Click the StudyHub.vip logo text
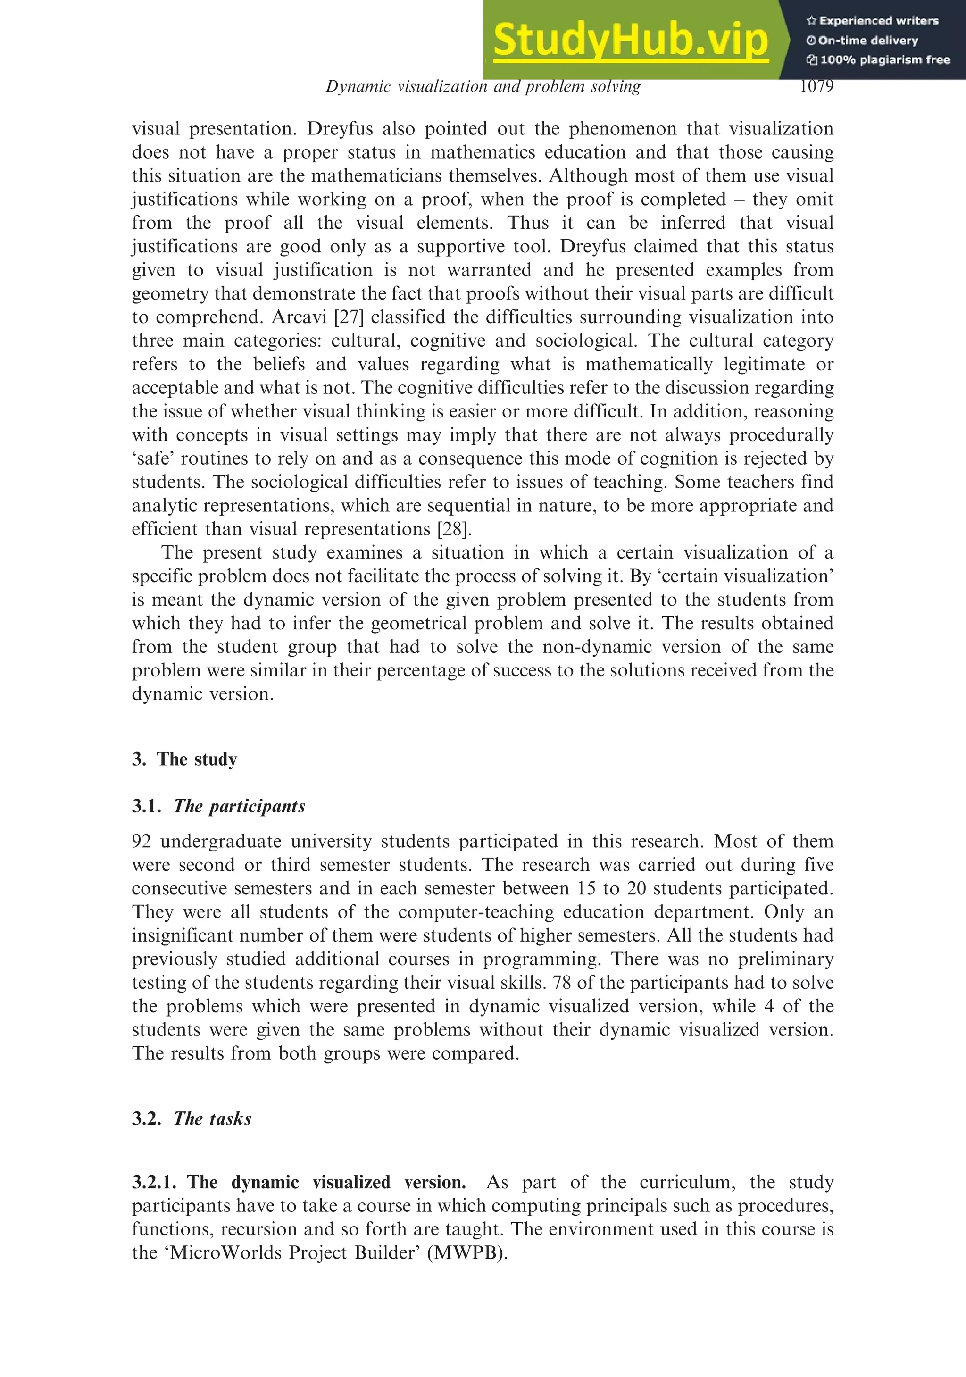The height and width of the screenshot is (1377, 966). click(630, 40)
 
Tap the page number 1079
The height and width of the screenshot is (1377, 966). click(816, 86)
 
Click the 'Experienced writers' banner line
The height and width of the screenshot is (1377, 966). click(873, 21)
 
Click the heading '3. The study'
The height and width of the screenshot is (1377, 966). click(185, 759)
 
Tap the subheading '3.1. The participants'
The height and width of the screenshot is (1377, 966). click(218, 806)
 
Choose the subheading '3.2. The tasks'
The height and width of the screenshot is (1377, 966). click(192, 1118)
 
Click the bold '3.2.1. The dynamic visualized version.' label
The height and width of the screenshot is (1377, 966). click(299, 1182)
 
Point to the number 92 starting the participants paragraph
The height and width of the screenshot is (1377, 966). click(142, 842)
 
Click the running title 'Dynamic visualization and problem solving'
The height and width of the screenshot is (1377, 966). click(483, 86)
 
